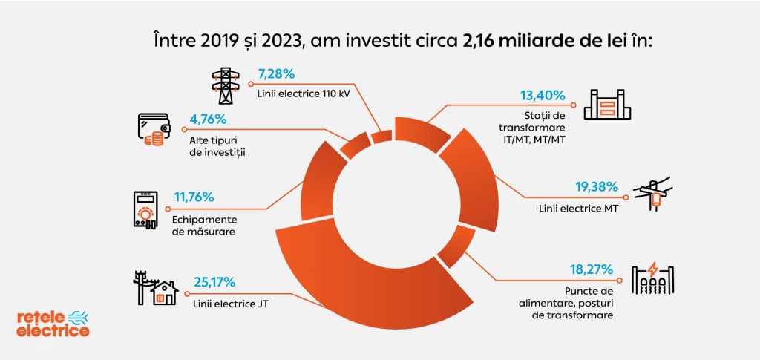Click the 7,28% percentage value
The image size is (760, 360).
point(277,74)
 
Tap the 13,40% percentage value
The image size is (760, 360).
point(543,96)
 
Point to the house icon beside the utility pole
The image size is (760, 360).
point(165,292)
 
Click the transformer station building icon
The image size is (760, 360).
point(607,105)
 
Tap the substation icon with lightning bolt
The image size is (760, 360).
point(652,280)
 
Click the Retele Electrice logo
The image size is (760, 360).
point(53,324)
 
